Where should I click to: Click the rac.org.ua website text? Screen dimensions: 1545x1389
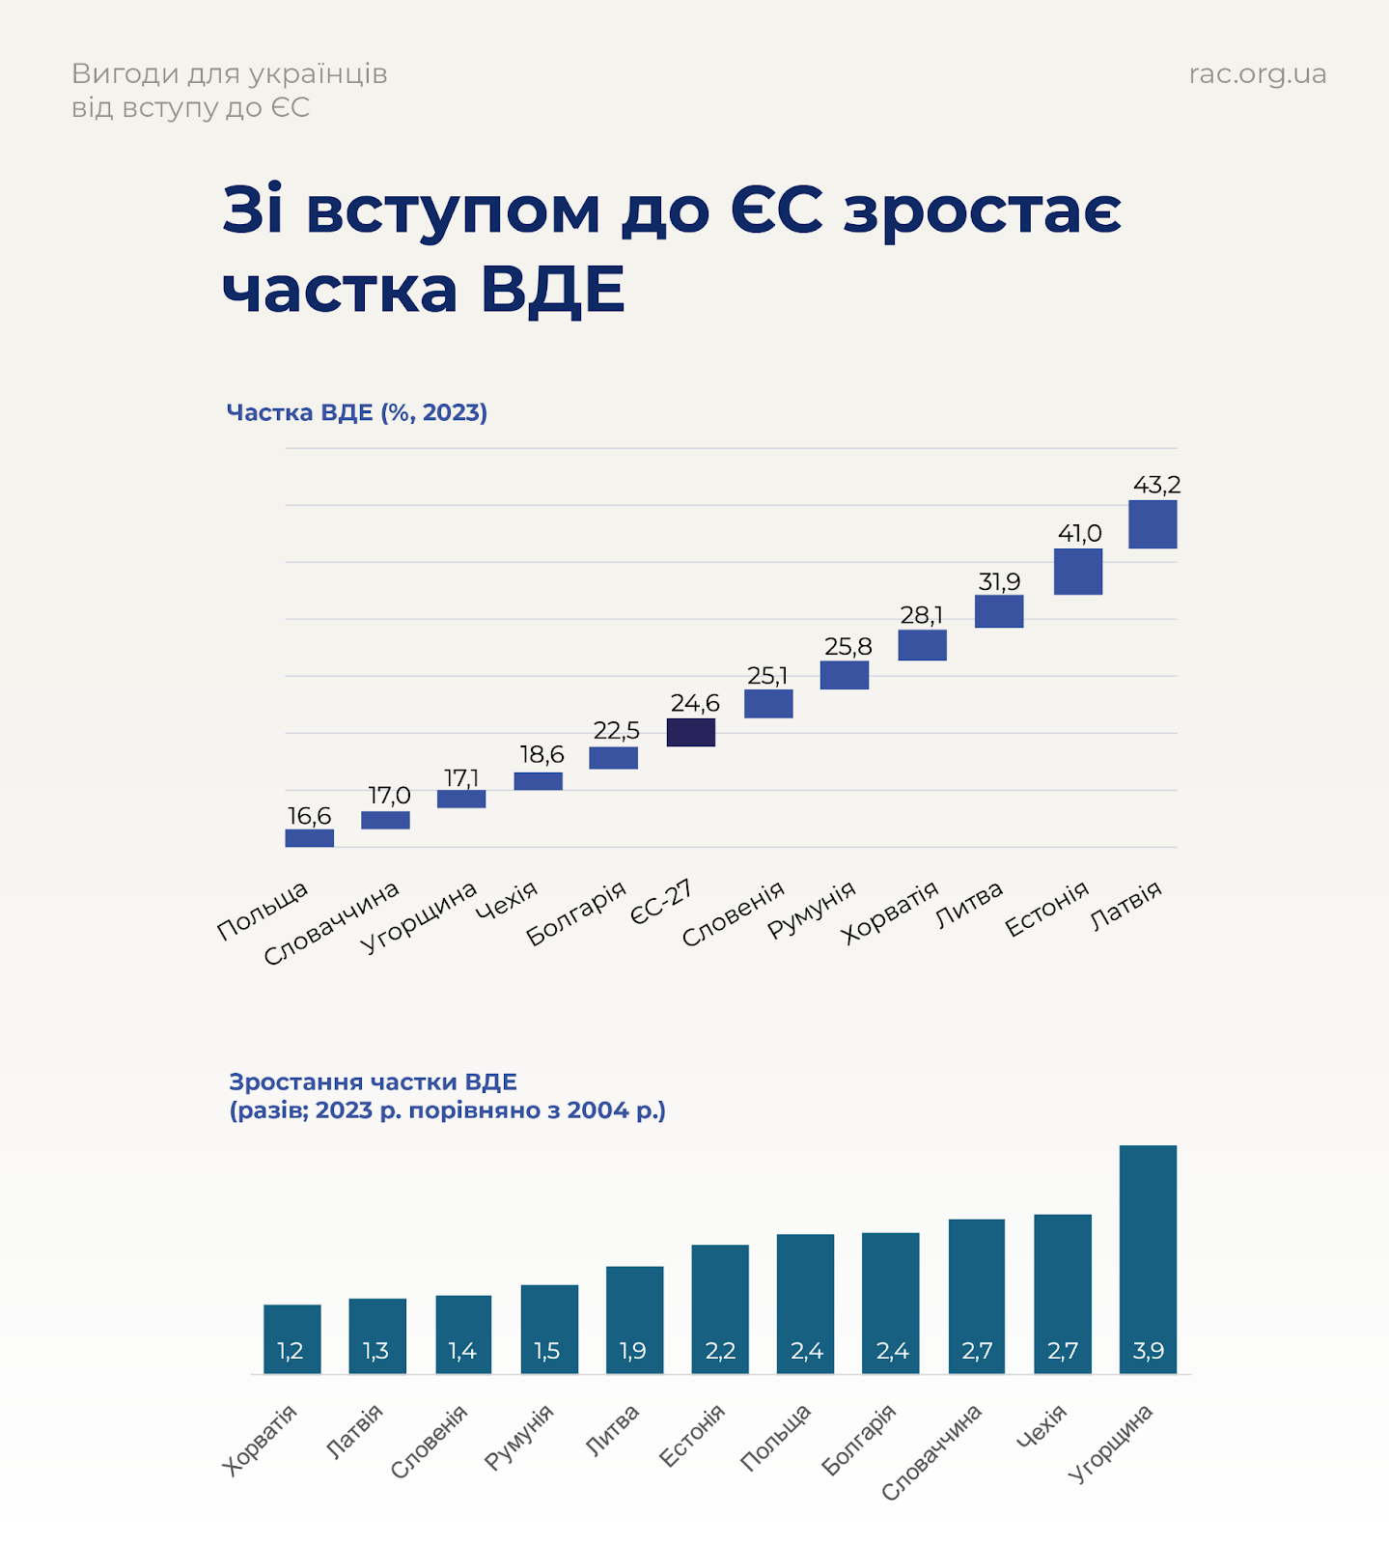[x=1257, y=74]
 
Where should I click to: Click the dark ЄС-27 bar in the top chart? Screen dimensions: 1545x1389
[x=691, y=732]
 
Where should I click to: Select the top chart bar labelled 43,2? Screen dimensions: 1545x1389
[x=1153, y=524]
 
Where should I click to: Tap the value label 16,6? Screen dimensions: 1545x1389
[x=309, y=816]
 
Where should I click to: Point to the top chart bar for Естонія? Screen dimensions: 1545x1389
[x=1077, y=572]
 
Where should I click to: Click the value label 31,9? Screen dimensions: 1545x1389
[x=999, y=581]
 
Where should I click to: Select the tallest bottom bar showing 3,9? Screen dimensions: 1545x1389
[x=1148, y=1255]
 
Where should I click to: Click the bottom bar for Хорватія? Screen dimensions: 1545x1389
[x=292, y=1337]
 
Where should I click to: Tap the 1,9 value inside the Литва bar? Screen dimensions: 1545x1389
[x=633, y=1351]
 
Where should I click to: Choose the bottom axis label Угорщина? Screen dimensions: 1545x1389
[x=1112, y=1443]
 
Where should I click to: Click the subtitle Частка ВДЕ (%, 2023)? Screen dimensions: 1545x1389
[x=356, y=412]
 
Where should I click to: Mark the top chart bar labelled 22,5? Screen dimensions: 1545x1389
[x=613, y=758]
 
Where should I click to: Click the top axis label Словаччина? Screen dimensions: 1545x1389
[x=333, y=923]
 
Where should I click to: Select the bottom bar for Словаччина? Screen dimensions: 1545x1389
[x=976, y=1294]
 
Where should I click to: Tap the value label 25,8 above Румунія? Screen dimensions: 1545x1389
[x=847, y=646]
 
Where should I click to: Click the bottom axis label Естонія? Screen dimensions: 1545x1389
[x=693, y=1436]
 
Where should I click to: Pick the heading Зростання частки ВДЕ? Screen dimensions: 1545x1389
[x=373, y=1081]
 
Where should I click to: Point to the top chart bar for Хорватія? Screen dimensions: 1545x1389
[x=922, y=645]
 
